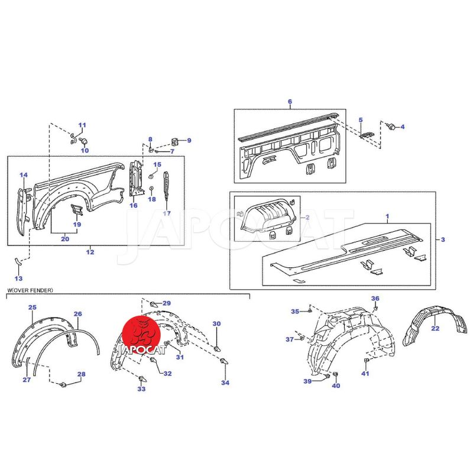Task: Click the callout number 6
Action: [x=290, y=101]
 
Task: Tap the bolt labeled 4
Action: [x=391, y=126]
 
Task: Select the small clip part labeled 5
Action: [x=367, y=135]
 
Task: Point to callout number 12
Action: [x=90, y=252]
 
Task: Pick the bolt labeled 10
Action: [x=83, y=141]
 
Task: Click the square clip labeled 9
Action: [x=174, y=141]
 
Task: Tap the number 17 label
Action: [x=167, y=213]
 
